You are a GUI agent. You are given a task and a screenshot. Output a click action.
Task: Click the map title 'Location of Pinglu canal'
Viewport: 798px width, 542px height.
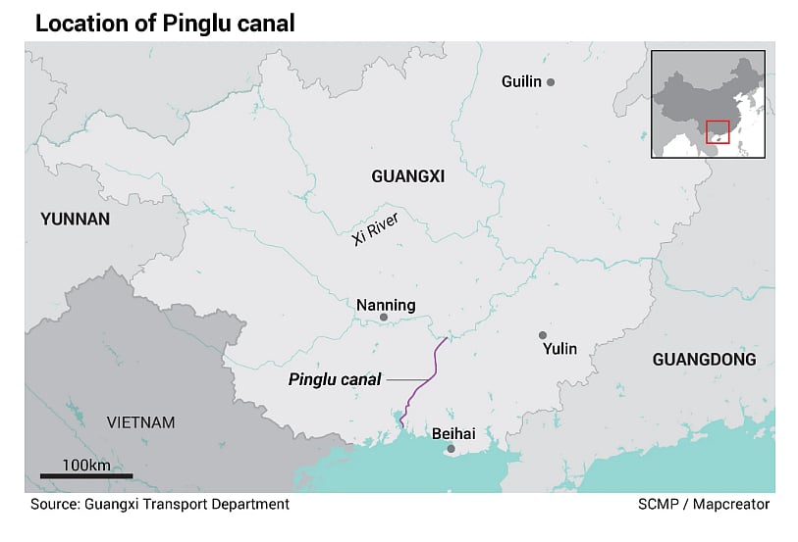pyautogui.click(x=165, y=23)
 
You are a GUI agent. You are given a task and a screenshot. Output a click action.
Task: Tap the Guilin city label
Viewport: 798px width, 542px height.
pyautogui.click(x=521, y=81)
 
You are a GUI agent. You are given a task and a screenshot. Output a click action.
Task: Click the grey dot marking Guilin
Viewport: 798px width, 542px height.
pyautogui.click(x=551, y=82)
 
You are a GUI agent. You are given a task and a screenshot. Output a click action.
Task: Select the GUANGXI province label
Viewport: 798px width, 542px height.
pyautogui.click(x=407, y=176)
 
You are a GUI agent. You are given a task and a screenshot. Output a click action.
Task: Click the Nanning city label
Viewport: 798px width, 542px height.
pyautogui.click(x=386, y=305)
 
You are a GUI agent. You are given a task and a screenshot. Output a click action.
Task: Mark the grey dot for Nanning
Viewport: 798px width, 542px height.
pyautogui.click(x=384, y=319)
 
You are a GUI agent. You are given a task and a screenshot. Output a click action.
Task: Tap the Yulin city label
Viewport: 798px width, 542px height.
pyautogui.click(x=559, y=348)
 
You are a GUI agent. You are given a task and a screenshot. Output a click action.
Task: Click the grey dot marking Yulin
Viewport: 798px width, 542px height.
pyautogui.click(x=542, y=335)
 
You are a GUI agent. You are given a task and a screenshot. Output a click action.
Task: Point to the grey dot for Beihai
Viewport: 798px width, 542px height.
pyautogui.click(x=451, y=449)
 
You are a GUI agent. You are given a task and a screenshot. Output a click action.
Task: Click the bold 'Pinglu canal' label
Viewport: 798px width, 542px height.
pyautogui.click(x=334, y=379)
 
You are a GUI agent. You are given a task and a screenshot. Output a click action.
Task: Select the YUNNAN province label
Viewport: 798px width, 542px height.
pyautogui.click(x=75, y=219)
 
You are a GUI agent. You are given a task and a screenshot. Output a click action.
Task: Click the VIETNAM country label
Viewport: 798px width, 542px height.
pyautogui.click(x=140, y=422)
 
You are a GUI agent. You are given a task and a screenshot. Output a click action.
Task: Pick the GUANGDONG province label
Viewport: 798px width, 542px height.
pyautogui.click(x=704, y=360)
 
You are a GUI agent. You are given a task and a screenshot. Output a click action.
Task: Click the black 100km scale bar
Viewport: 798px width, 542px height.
pyautogui.click(x=85, y=476)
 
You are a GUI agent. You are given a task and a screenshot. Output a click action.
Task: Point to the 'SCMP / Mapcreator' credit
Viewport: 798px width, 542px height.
pyautogui.click(x=703, y=504)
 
